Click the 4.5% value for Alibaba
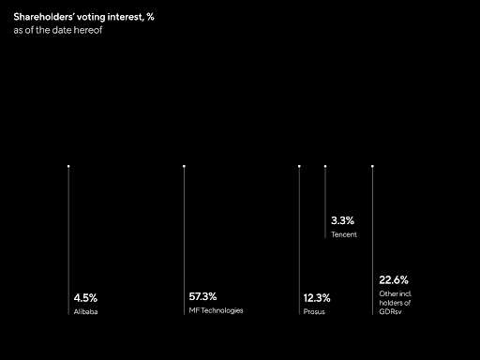[85, 298]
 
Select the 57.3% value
[202, 296]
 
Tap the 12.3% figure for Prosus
[317, 298]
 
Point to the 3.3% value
[342, 220]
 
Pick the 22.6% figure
[394, 279]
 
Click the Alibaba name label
[85, 311]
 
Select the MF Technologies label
[216, 310]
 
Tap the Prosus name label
[314, 311]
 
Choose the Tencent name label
[344, 234]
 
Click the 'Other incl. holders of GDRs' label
[395, 303]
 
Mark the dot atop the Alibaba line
[68, 166]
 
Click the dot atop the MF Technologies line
[184, 166]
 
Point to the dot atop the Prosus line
[299, 166]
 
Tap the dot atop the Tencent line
[325, 166]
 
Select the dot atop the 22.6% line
[372, 166]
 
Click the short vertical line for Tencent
[325, 202]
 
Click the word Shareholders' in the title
[44, 17]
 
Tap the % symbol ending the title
[150, 17]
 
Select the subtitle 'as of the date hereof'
[58, 30]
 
